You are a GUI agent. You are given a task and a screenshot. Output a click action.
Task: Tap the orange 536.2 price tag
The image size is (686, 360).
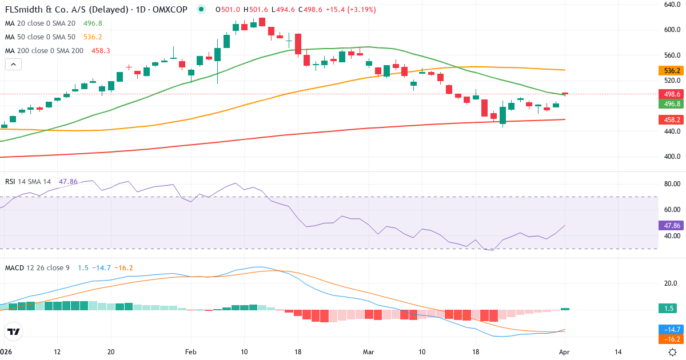point(672,71)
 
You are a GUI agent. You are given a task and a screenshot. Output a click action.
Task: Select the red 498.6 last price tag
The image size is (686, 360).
point(672,94)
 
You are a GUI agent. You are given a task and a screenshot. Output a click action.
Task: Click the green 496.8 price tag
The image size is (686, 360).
point(672,104)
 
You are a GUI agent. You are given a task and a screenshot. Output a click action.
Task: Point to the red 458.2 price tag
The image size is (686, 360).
point(672,120)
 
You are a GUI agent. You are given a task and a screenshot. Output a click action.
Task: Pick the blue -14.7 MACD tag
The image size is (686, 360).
point(672,329)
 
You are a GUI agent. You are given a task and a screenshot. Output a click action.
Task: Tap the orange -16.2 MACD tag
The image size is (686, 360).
point(672,339)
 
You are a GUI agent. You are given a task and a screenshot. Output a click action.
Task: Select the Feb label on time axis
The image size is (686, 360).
point(191,352)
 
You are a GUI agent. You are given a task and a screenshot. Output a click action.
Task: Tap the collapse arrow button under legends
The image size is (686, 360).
point(13,65)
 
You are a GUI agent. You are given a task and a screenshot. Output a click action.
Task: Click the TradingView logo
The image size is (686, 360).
point(14,331)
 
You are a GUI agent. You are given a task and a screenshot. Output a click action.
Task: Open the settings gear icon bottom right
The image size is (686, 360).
point(673,352)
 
